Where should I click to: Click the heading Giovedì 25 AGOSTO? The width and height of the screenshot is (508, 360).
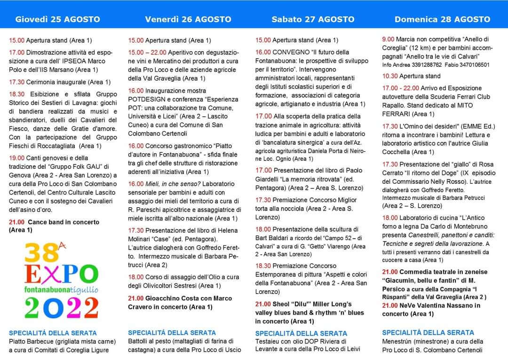point(58,19)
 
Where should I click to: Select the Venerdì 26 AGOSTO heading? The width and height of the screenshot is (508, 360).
point(188,19)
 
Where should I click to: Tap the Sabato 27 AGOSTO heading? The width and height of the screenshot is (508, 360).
point(313,19)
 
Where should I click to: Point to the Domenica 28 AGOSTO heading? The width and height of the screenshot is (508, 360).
point(442,19)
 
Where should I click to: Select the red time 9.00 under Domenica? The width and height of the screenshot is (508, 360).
point(389,39)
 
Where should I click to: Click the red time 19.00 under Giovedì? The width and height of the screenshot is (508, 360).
point(17,158)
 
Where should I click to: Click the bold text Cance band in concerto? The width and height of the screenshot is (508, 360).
point(63,222)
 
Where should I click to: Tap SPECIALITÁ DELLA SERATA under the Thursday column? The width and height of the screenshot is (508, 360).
point(53,333)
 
